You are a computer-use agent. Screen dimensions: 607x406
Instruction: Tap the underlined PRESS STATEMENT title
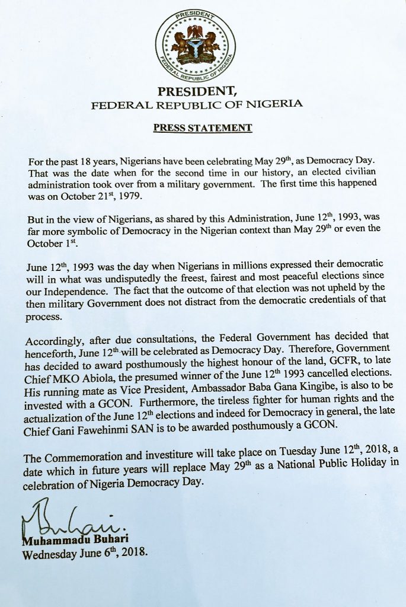coord(203,127)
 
